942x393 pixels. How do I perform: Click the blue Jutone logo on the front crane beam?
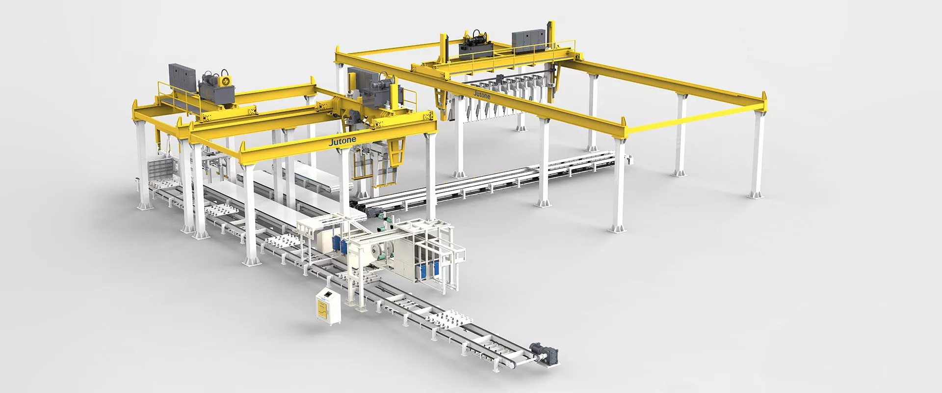click(x=342, y=141)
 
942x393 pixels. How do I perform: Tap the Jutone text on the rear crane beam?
click(x=482, y=94)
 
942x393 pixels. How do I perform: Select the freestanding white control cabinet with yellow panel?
click(x=328, y=306)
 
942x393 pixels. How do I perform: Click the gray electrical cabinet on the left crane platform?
click(x=182, y=80)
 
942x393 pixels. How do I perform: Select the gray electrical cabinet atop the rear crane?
click(x=528, y=40)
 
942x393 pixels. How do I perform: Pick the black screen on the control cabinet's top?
click(x=326, y=293)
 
